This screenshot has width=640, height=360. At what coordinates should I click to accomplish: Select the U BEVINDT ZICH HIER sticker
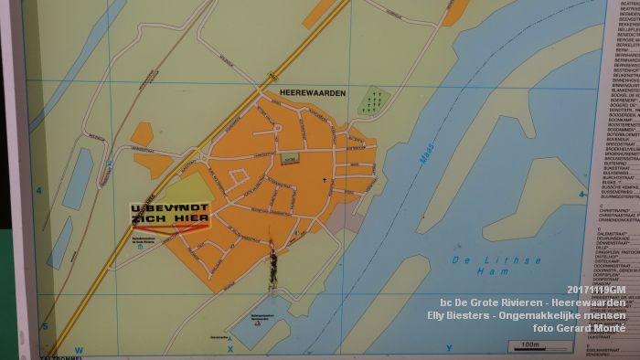(170, 217)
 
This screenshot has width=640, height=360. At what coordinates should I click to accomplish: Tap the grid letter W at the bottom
(79, 349)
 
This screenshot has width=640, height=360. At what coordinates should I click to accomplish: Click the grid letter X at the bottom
(230, 348)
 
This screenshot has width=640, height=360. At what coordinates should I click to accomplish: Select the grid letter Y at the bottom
(449, 348)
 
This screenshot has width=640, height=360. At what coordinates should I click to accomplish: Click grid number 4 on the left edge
(39, 191)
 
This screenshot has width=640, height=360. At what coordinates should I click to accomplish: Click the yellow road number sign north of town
(272, 77)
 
